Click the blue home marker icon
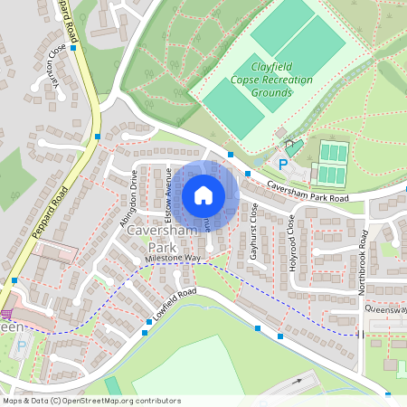point(203,194)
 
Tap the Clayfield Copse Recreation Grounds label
point(270,80)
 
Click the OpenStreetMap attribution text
point(91,401)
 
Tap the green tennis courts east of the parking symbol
point(332,163)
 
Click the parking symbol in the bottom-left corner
point(23,345)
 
